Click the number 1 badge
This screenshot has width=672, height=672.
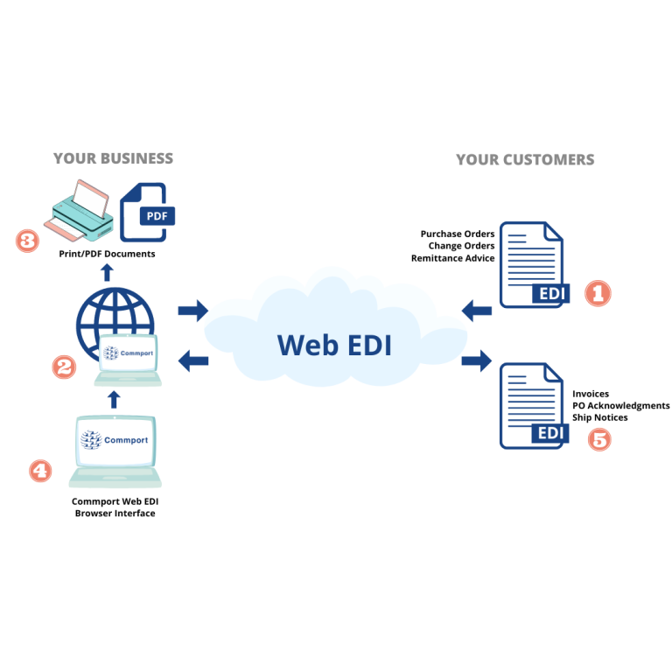[x=598, y=294]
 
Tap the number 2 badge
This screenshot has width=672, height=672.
[x=64, y=367]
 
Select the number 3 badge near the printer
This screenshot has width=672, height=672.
[x=28, y=240]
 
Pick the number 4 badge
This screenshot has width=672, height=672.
[x=39, y=472]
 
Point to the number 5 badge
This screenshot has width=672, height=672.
[x=599, y=439]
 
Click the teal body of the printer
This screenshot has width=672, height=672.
[x=83, y=214]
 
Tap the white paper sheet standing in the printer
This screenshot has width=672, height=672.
[x=91, y=198]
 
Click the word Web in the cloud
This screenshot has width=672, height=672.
[x=303, y=345]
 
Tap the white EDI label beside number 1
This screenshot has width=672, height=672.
[x=552, y=294]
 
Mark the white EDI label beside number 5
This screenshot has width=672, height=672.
[x=550, y=433]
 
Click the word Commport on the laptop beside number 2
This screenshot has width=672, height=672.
[x=136, y=353]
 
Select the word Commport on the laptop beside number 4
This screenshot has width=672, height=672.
[x=126, y=440]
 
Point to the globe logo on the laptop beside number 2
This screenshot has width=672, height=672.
[x=111, y=353]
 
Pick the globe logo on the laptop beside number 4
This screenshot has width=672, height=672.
[x=91, y=440]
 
